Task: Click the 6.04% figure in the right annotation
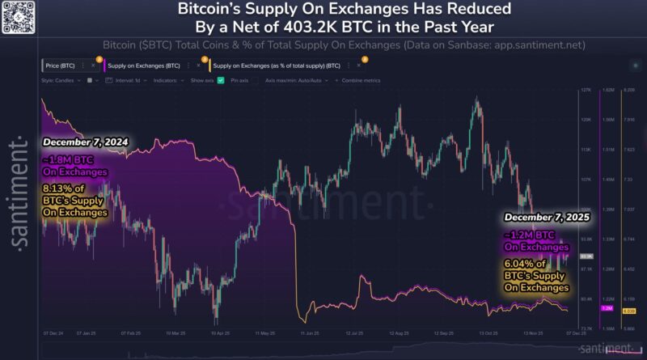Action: click(x=521, y=263)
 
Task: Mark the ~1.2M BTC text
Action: click(x=533, y=234)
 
